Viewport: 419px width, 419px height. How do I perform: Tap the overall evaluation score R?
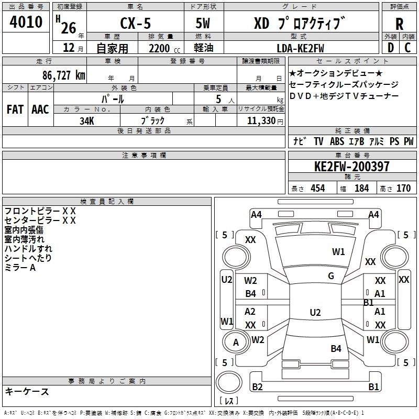click(x=399, y=25)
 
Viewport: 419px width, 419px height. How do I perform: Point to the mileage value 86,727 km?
click(x=63, y=75)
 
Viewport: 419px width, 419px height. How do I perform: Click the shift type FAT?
click(x=15, y=109)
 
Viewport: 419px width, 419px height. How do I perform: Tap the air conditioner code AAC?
click(x=40, y=109)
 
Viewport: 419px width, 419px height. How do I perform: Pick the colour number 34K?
click(x=86, y=120)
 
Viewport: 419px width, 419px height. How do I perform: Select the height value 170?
click(x=403, y=188)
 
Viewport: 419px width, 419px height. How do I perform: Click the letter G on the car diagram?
click(x=330, y=276)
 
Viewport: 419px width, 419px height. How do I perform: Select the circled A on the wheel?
click(x=236, y=343)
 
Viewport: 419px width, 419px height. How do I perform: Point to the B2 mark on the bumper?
click(x=257, y=387)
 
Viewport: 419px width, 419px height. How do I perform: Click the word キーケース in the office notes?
click(x=27, y=391)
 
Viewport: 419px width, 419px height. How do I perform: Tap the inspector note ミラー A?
click(x=20, y=268)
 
